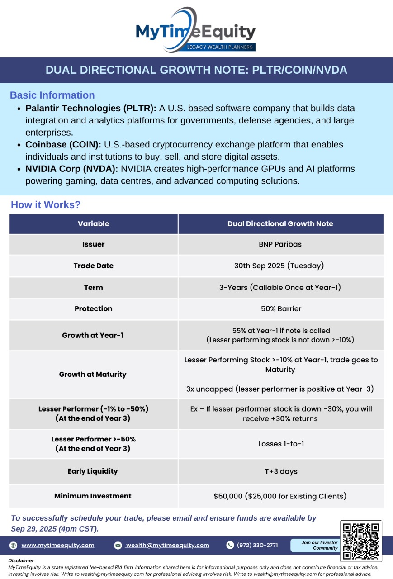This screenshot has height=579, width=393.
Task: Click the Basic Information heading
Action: coord(52,95)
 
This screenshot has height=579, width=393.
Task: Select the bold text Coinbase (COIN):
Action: coord(64,145)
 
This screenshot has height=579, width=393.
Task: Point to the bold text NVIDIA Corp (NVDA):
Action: coord(72,169)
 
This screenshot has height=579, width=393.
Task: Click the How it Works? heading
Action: coord(46,205)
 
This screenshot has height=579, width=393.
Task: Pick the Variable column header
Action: coord(94,224)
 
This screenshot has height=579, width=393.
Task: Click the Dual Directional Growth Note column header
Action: coord(280,224)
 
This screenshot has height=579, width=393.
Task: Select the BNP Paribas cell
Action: coord(280,244)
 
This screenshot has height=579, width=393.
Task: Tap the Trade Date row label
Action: coord(94,266)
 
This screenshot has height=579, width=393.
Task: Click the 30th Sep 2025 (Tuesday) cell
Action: coord(279,266)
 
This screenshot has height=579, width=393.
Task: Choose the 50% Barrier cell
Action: coord(281,309)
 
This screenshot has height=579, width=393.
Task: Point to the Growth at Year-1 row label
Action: coord(93,336)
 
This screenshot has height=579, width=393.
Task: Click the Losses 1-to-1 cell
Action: coord(281,444)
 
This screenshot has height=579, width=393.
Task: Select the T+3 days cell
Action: coord(281,471)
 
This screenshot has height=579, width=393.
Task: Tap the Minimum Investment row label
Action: coord(93,496)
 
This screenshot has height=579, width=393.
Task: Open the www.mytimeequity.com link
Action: coord(58,545)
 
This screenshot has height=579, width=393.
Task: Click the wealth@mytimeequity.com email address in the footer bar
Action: coord(168,545)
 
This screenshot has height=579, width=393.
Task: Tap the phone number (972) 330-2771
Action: coord(257,545)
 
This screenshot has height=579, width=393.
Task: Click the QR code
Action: coord(360,541)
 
